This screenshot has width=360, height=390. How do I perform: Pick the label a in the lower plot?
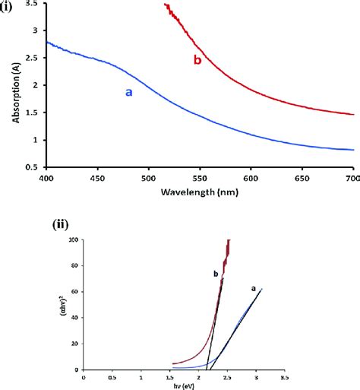click(x=253, y=288)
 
